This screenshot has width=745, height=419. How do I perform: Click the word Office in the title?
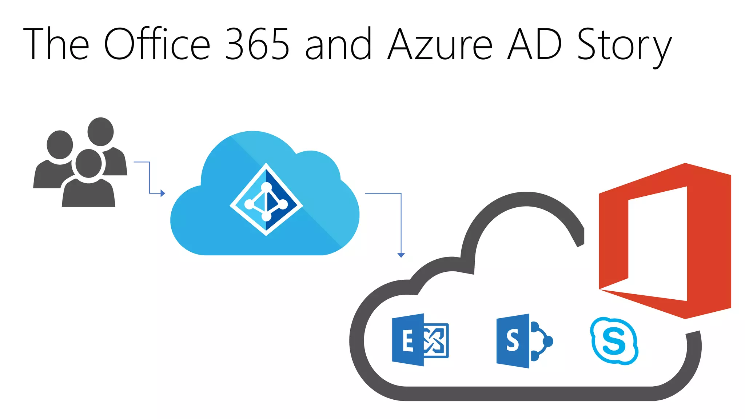click(x=157, y=44)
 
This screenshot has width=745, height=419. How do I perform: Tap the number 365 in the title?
click(x=257, y=44)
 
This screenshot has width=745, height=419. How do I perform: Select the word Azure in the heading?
click(x=440, y=44)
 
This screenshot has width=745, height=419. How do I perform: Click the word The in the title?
click(x=56, y=44)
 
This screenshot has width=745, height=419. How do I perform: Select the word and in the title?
click(x=338, y=44)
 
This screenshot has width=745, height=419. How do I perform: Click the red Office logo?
click(x=665, y=241)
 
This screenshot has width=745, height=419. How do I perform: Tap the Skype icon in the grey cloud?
click(x=614, y=341)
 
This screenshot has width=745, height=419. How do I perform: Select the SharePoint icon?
click(x=524, y=341)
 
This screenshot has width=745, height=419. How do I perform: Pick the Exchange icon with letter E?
click(x=420, y=340)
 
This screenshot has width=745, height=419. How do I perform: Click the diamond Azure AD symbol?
click(x=266, y=199)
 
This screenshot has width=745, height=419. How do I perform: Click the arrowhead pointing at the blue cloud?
click(x=163, y=193)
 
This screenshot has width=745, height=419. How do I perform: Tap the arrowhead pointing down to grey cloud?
click(x=401, y=255)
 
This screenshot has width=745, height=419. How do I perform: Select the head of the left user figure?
click(x=60, y=144)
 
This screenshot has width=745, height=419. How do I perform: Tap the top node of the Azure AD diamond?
click(x=267, y=187)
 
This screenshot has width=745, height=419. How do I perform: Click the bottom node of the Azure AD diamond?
click(x=266, y=216)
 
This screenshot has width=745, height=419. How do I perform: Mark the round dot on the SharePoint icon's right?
click(x=547, y=341)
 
